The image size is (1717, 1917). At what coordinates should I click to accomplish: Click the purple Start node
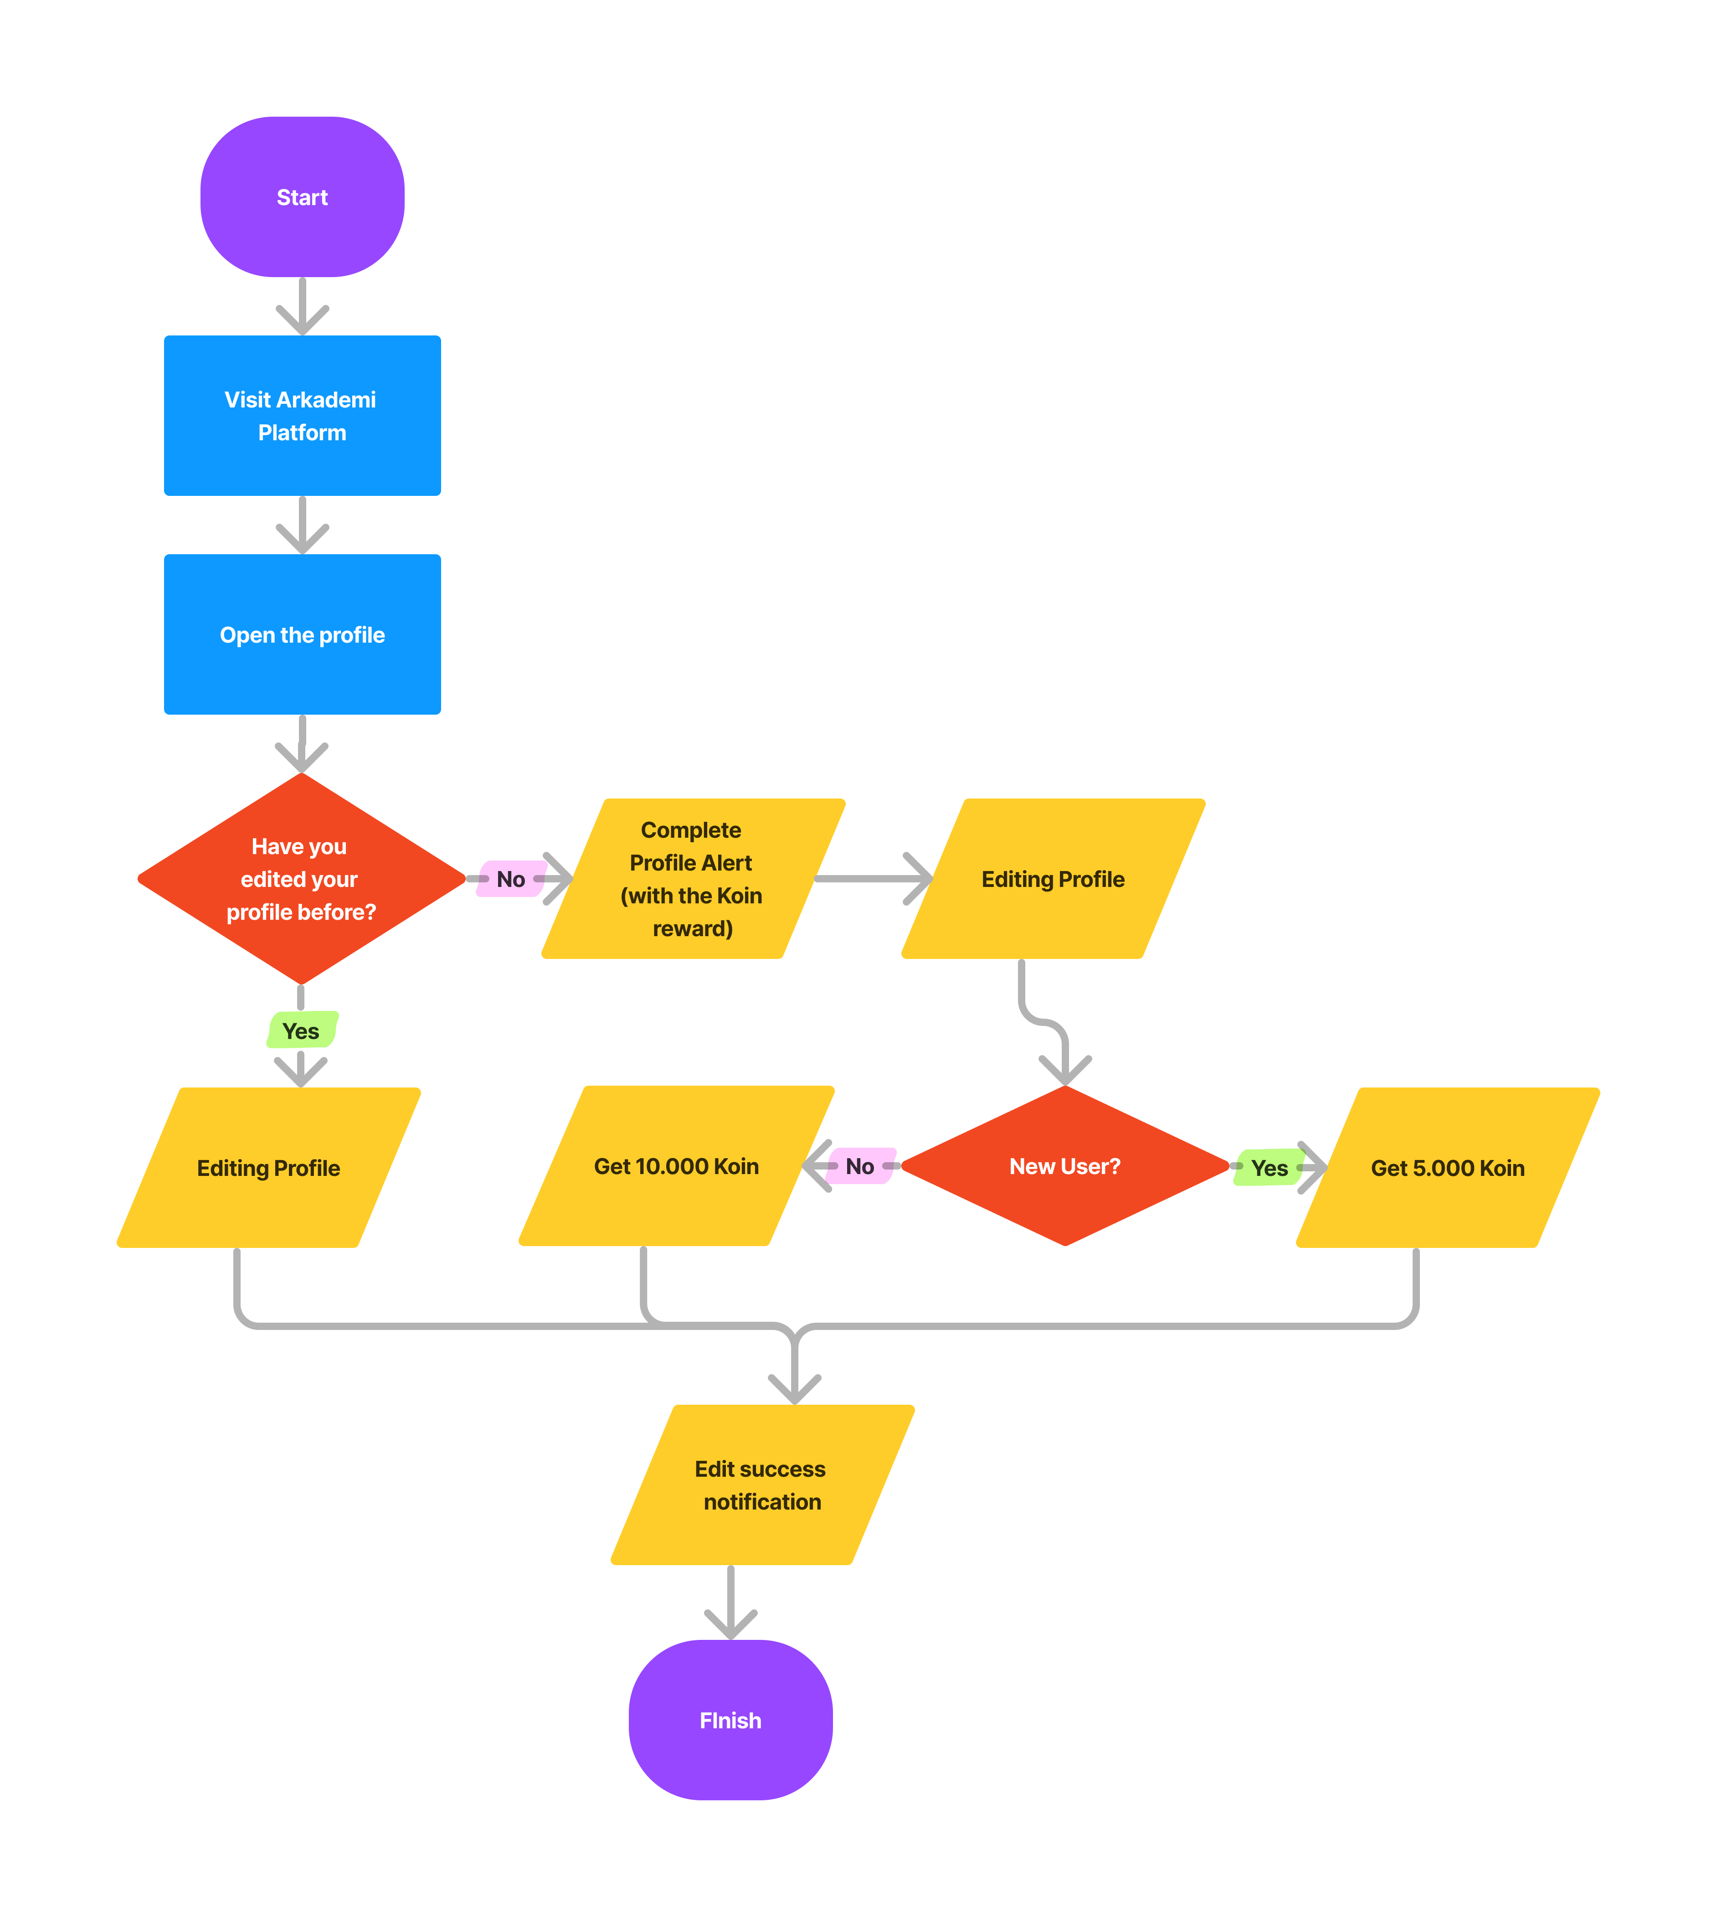tap(302, 197)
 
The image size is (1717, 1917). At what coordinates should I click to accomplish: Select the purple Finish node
tap(730, 1720)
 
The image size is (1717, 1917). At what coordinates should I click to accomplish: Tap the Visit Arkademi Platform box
tap(302, 416)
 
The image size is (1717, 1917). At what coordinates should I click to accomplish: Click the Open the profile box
tap(302, 635)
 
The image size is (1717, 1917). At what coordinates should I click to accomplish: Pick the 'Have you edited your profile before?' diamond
tap(301, 878)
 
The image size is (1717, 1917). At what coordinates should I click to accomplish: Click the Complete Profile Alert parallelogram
tap(693, 878)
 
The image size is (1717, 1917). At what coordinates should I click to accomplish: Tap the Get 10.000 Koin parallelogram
tap(676, 1166)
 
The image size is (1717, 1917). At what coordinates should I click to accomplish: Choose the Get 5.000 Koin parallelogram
tap(1447, 1168)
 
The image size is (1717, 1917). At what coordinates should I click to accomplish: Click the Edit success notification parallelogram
tap(762, 1485)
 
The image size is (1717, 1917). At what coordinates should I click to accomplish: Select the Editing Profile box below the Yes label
tap(269, 1168)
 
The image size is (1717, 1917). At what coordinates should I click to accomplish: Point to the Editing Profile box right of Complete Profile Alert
tap(1053, 878)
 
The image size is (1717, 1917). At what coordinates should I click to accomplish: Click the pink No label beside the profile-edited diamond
tap(510, 878)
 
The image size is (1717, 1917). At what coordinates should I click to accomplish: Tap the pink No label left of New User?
tap(859, 1166)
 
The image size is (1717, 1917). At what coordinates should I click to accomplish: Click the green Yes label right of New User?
tap(1269, 1168)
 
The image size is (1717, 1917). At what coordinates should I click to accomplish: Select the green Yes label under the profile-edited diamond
tap(301, 1030)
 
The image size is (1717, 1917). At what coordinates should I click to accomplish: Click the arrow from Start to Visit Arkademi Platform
tap(302, 307)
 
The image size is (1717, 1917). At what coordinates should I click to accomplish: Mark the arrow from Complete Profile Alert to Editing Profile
tap(873, 878)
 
